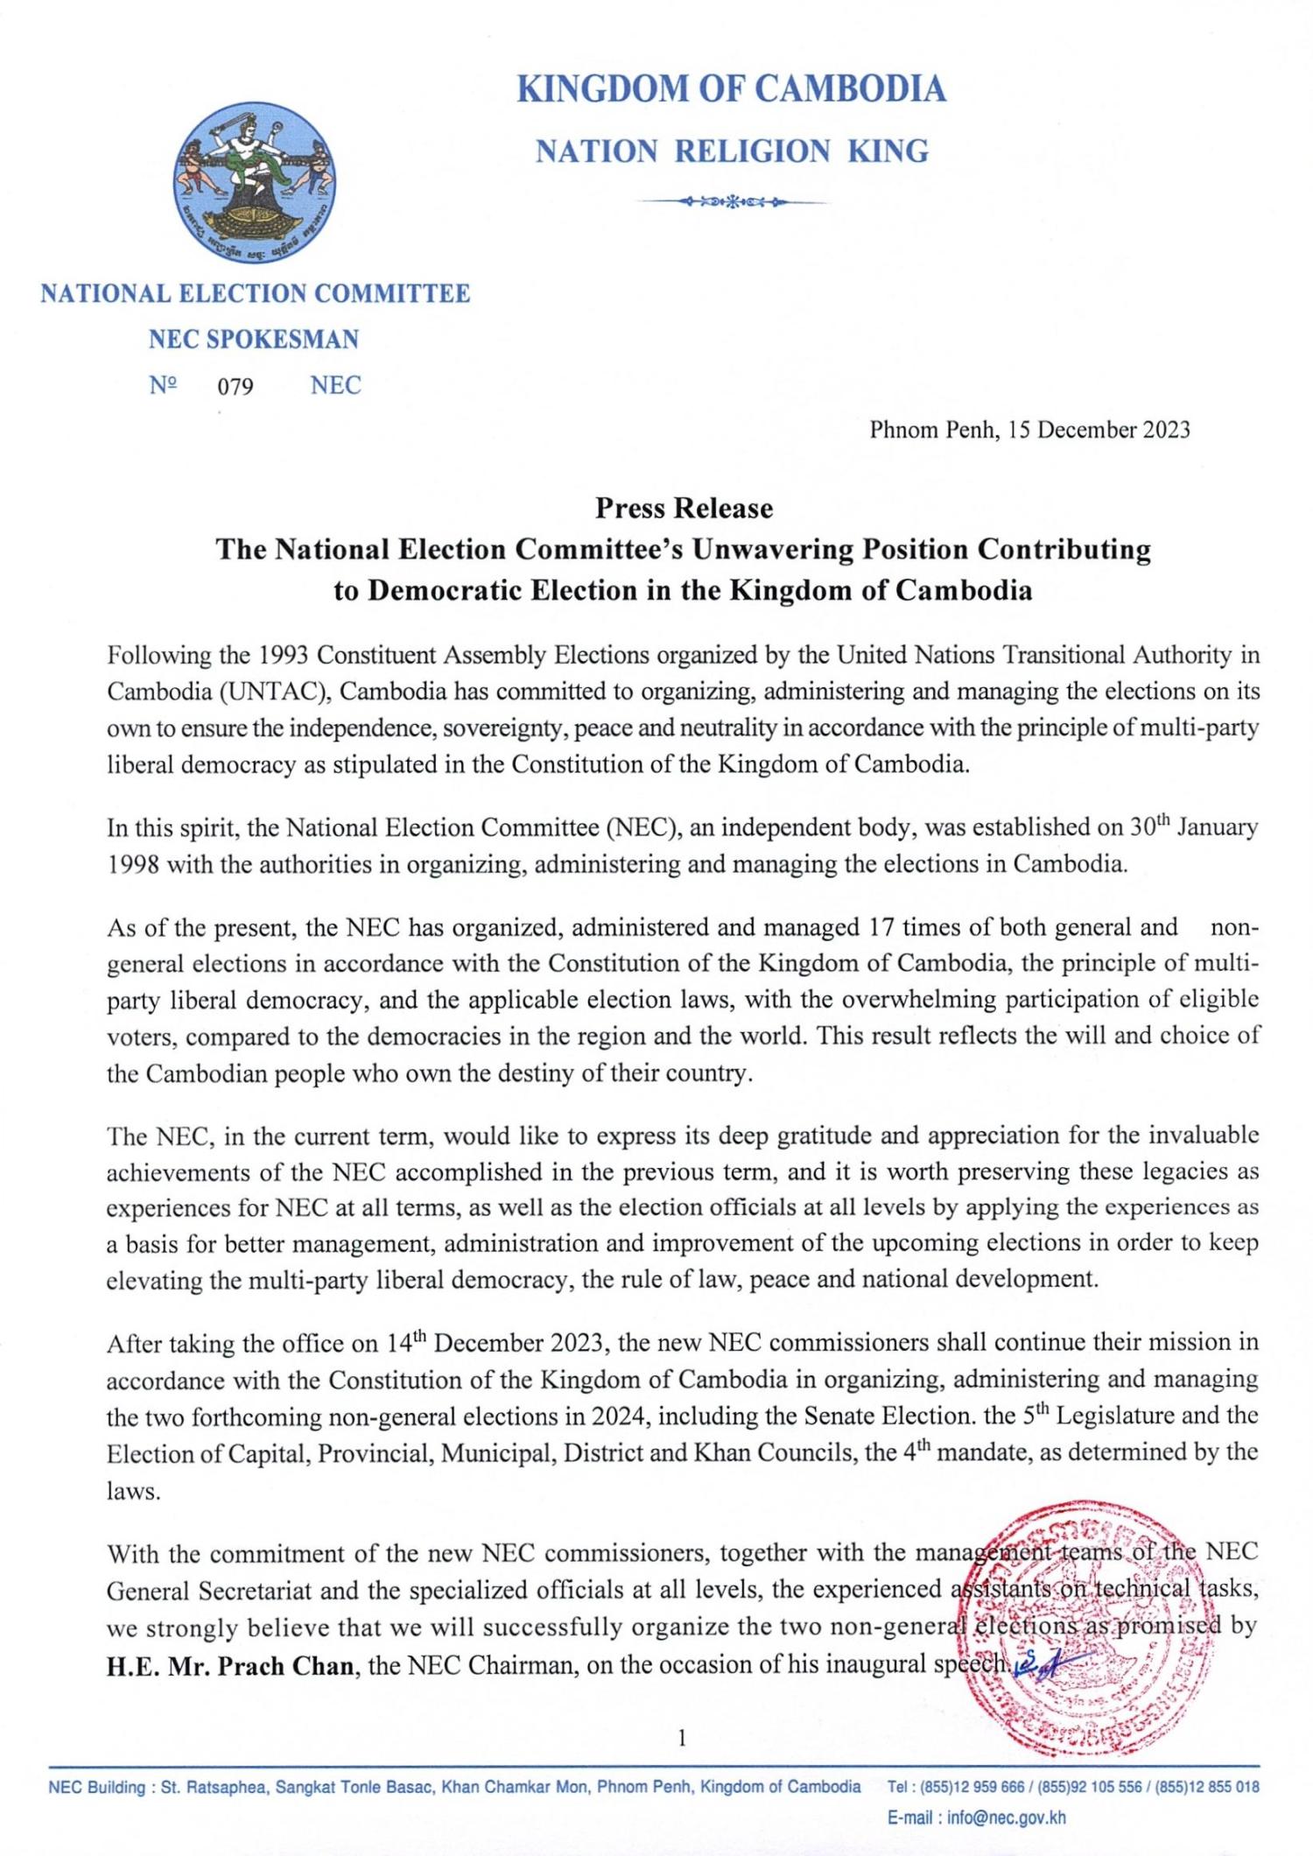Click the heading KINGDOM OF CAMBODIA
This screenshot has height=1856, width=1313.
[731, 89]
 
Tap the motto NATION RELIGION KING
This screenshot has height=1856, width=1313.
[731, 152]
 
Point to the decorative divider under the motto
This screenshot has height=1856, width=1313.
[731, 203]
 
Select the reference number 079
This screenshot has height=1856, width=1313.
[235, 386]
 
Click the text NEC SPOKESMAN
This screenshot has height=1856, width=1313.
[254, 340]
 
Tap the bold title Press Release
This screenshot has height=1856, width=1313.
[684, 509]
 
